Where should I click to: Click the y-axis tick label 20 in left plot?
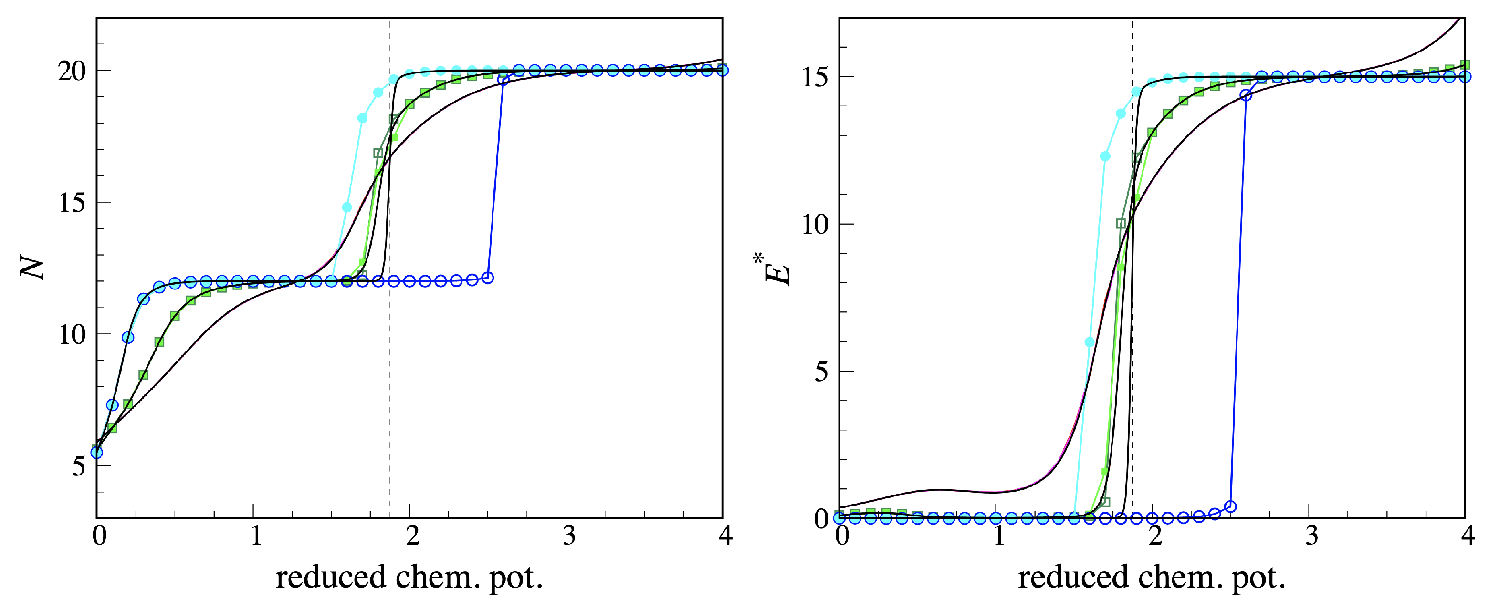point(72,72)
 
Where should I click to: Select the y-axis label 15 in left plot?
point(72,203)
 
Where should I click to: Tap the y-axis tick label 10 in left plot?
point(72,335)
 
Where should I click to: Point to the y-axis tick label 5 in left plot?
point(79,466)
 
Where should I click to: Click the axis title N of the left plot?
point(33,268)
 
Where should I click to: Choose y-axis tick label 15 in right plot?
point(815,77)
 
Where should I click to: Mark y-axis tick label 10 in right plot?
point(815,225)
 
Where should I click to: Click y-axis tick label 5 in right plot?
point(821,372)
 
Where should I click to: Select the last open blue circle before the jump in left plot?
point(488,278)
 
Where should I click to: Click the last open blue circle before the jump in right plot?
point(1231,507)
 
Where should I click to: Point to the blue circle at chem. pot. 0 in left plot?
point(96,453)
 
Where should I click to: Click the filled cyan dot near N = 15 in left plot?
point(347,207)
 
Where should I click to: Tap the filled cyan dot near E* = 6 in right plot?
point(1090,342)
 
